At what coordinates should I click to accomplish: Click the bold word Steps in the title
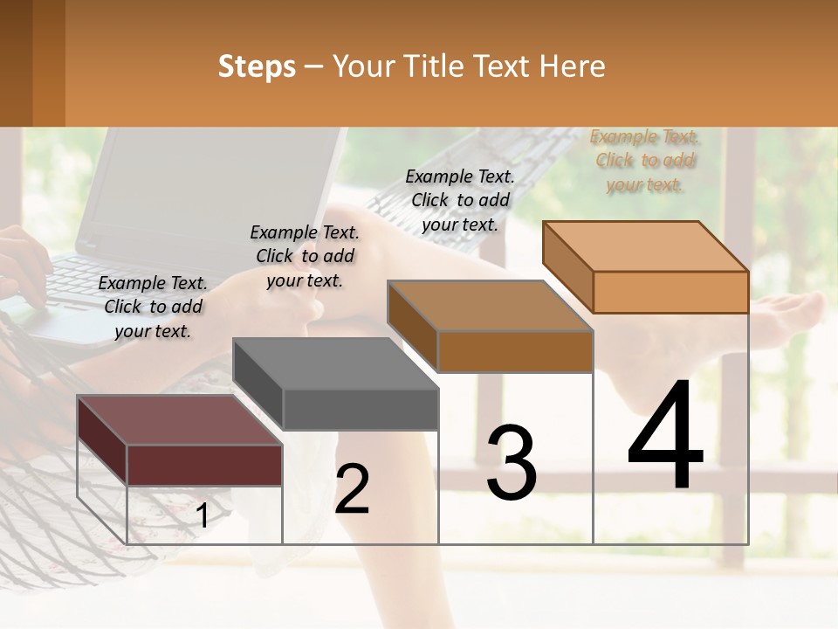point(257,66)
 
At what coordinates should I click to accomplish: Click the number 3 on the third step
point(512,463)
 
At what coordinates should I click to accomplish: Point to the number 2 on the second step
point(352,489)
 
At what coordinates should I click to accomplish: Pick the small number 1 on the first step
point(203,516)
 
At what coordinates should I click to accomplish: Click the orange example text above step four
point(645,161)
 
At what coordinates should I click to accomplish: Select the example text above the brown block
point(460,200)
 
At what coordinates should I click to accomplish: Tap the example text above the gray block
point(305,256)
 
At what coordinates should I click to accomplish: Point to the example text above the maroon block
point(153,307)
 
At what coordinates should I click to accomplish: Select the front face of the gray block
point(361,409)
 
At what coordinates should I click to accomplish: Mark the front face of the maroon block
point(204,465)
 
